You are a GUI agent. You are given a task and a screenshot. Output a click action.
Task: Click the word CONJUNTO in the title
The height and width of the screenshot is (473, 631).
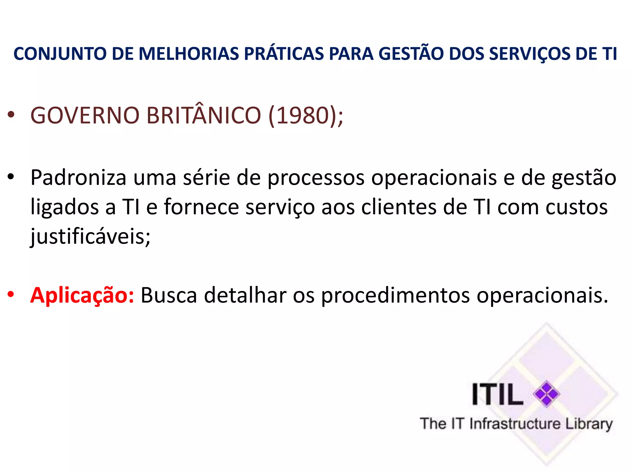(x=60, y=54)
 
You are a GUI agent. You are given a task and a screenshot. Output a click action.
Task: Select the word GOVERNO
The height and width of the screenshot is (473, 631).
(x=85, y=115)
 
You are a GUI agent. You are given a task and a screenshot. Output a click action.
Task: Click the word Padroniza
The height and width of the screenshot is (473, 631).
(x=79, y=178)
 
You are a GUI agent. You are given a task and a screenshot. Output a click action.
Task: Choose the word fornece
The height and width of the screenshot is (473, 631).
(x=202, y=207)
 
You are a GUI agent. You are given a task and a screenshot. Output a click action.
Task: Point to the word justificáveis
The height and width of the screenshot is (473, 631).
(x=90, y=236)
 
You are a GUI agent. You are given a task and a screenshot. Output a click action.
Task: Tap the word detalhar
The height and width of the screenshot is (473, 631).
(x=245, y=295)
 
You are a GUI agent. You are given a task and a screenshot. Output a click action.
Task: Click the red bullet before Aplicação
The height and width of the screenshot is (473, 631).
(x=11, y=294)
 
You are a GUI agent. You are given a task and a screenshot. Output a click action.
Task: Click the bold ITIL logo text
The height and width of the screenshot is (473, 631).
(x=497, y=394)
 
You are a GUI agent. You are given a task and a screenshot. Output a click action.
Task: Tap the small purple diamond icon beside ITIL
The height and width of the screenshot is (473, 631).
(x=547, y=394)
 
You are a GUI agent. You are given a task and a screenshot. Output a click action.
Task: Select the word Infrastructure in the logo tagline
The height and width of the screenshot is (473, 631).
(x=515, y=424)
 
